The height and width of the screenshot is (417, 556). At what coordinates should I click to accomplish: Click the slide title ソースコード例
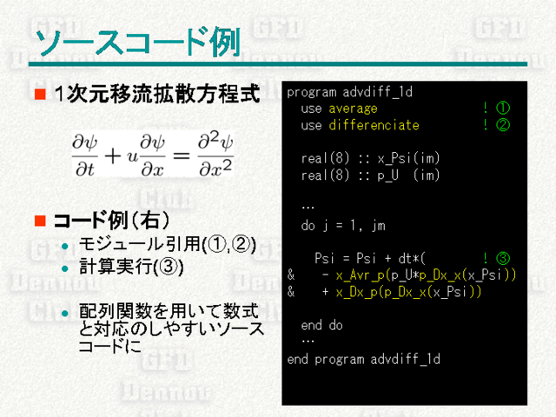tap(137, 43)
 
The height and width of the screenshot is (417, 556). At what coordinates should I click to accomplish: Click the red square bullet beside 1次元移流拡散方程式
tap(40, 94)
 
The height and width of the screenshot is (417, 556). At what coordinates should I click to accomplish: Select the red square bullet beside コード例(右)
tap(40, 221)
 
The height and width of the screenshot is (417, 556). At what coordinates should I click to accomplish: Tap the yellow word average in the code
tap(353, 109)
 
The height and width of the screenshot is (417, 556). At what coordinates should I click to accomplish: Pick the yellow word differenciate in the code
tap(374, 125)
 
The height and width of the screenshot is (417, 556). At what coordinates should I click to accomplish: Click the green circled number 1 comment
tap(502, 108)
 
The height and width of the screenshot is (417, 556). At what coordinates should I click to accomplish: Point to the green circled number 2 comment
tap(502, 125)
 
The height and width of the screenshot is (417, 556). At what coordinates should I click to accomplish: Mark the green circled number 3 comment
tap(502, 258)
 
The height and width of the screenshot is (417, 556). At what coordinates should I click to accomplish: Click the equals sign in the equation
tap(182, 156)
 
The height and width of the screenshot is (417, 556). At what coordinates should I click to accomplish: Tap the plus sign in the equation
tap(113, 156)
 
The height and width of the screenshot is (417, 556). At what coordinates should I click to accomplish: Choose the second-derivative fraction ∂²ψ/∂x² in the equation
tap(215, 155)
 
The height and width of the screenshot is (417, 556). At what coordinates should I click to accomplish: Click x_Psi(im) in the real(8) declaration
tap(408, 158)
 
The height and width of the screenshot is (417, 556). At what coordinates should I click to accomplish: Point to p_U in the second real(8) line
tap(387, 175)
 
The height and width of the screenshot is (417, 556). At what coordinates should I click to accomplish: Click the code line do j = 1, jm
tap(343, 226)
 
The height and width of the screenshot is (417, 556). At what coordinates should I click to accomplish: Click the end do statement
tap(321, 325)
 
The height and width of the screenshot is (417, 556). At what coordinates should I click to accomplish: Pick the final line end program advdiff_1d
tap(363, 359)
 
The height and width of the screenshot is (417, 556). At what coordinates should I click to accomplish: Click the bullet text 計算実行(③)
tap(131, 267)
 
